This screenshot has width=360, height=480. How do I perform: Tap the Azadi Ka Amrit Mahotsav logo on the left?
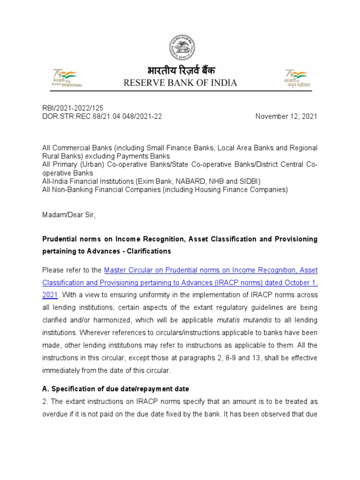click(65, 78)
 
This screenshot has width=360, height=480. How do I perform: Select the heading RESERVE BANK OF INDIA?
click(180, 83)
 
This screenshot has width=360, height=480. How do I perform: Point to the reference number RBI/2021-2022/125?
click(73, 108)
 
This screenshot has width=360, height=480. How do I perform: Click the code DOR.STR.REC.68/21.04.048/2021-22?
click(102, 116)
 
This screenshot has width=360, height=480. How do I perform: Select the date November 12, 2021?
click(286, 116)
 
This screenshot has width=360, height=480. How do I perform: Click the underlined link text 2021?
click(50, 295)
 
